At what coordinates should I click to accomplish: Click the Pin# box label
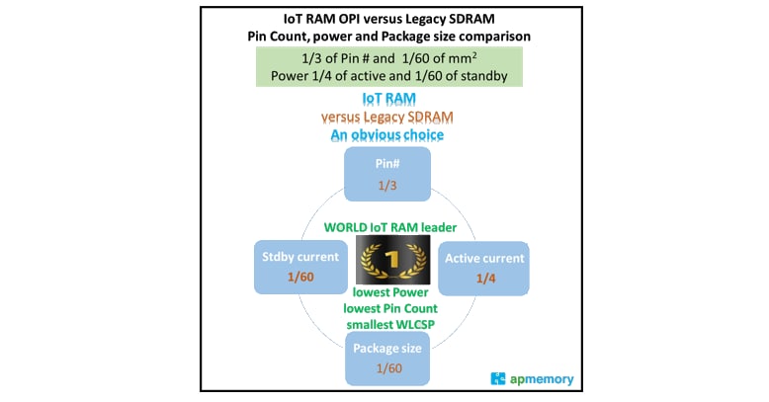(386, 165)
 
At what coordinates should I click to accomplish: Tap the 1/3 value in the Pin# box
(386, 185)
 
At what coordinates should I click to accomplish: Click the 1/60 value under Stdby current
(299, 277)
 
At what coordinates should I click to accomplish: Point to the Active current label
(484, 259)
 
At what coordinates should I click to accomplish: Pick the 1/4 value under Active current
(484, 279)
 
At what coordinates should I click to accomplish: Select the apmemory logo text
(542, 378)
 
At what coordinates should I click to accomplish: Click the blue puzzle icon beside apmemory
(499, 378)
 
